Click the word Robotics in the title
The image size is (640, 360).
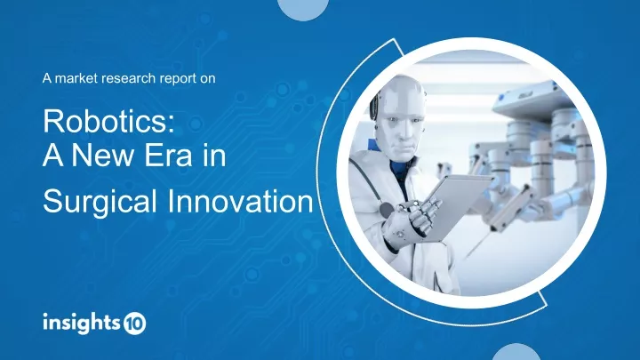point(105,121)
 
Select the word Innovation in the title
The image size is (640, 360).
point(240,202)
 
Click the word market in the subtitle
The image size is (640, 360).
point(76,78)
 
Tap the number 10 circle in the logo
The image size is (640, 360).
point(135,324)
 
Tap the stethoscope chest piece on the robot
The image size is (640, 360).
point(387,210)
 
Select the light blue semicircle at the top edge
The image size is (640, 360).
point(303,8)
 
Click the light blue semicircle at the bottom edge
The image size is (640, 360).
point(516,353)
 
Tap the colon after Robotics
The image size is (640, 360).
point(171,125)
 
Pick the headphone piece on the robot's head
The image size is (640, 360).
point(374,106)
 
